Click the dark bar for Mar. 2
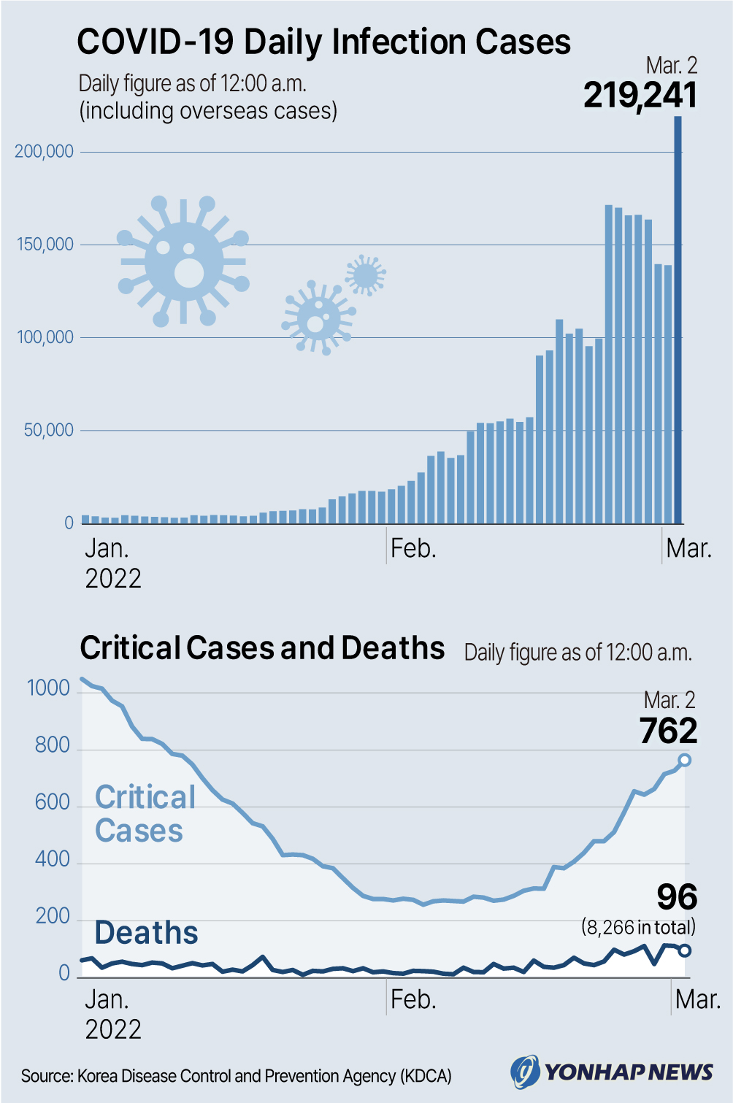pos(678,321)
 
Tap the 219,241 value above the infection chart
pos(640,96)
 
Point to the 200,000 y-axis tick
pos(45,152)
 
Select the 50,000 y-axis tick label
pos(49,430)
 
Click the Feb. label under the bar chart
pos(413,548)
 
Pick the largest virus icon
pos(184,261)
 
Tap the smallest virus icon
pos(365,275)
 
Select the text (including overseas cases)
pos(208,111)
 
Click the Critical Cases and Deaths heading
pos(262,648)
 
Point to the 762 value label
pos(668,731)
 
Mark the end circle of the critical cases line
pos(684,760)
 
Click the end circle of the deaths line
pos(684,950)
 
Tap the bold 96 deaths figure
pos(677,897)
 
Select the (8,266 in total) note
pos(638,927)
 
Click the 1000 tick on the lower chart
pos(48,688)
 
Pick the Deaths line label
pos(146,933)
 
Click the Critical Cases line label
pos(145,814)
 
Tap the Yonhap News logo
pos(612,1072)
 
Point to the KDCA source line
pos(237,1076)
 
